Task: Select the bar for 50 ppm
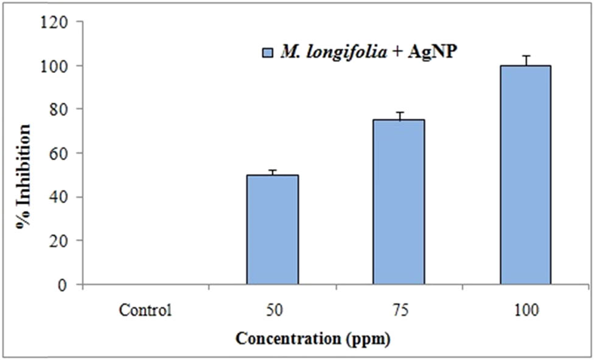[272, 229]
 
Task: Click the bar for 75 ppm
[399, 202]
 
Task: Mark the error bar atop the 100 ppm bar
[525, 60]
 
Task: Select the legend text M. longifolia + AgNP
[369, 52]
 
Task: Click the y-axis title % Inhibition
[25, 176]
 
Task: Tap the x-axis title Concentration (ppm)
[313, 338]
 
